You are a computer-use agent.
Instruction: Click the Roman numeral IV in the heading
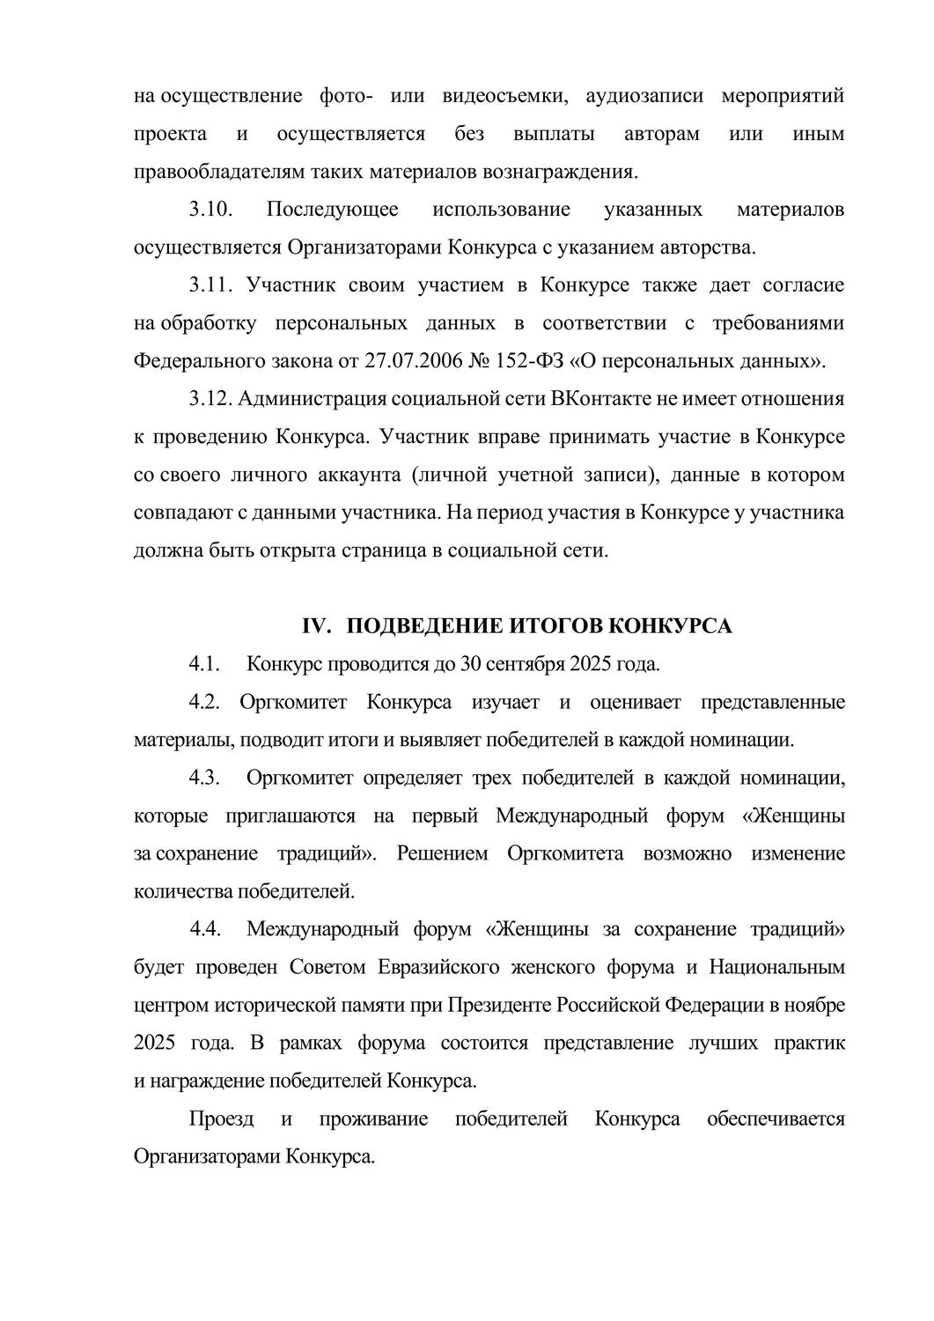(x=314, y=625)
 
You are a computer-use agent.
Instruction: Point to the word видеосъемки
(x=501, y=95)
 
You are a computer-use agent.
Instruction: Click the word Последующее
(x=332, y=210)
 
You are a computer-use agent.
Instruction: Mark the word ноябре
(x=815, y=1005)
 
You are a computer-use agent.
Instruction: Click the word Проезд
(x=222, y=1118)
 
